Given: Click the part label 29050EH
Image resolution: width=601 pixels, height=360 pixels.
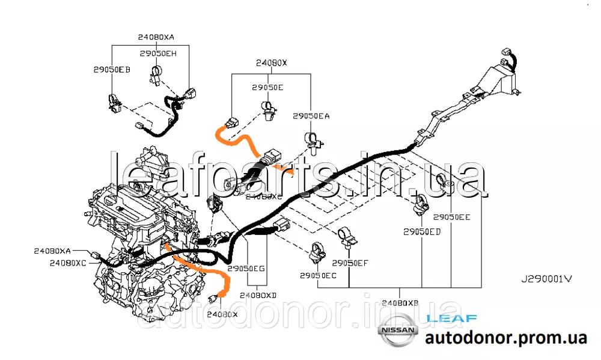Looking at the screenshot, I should (158, 53).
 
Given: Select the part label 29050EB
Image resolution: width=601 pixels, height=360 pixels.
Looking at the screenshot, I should (111, 70).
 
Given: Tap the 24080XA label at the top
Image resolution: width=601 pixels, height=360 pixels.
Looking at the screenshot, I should (156, 37).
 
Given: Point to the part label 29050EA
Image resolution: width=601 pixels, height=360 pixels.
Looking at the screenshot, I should (311, 115).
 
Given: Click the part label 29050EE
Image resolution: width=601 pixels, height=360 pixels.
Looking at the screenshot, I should (452, 217).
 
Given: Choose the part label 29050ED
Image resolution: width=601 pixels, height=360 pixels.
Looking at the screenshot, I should (422, 231).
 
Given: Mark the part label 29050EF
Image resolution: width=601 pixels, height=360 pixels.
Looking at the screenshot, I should (350, 263).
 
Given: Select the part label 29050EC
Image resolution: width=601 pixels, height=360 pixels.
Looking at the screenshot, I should (318, 275).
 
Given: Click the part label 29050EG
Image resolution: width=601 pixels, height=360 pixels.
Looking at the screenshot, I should (246, 269).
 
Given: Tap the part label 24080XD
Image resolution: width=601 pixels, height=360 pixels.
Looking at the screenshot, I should (258, 295).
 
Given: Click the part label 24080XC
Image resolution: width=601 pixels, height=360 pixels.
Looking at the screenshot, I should (68, 263).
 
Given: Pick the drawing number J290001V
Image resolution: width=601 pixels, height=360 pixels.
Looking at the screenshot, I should (546, 279).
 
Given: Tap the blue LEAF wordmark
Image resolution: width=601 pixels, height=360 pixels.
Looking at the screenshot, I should (451, 318).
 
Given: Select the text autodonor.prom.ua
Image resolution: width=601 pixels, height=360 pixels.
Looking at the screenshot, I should (505, 338).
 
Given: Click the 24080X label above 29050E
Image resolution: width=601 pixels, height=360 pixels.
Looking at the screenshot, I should (272, 63).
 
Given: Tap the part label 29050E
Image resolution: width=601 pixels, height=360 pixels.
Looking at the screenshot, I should (267, 88).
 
